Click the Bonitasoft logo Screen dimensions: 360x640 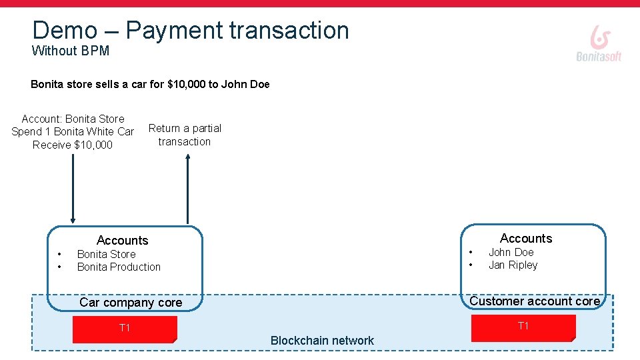click(x=599, y=44)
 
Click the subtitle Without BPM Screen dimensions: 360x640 click(x=71, y=51)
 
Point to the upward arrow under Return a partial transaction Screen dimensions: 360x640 click(x=188, y=190)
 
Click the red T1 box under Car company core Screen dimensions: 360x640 click(x=125, y=329)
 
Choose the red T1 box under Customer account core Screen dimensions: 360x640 click(x=523, y=327)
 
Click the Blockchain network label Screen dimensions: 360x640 click(x=322, y=341)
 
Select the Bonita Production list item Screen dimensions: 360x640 click(x=119, y=267)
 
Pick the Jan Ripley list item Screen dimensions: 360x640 click(x=513, y=265)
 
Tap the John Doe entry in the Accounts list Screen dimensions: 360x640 click(x=511, y=253)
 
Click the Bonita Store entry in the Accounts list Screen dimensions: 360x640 click(x=106, y=255)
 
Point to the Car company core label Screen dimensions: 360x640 click(x=131, y=303)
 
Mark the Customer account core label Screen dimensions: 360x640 click(x=535, y=301)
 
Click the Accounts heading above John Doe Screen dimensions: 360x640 click(x=526, y=239)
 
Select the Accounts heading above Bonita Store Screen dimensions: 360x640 click(x=122, y=241)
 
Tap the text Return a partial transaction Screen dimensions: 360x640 click(x=185, y=135)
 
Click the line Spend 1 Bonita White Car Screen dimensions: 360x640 click(x=73, y=132)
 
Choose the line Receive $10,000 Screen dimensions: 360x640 click(x=73, y=145)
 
